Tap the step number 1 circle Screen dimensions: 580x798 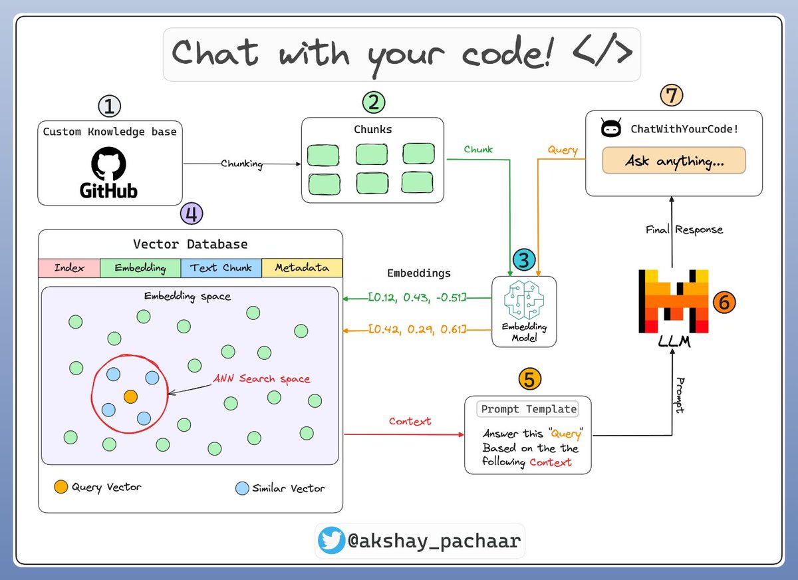pyautogui.click(x=109, y=106)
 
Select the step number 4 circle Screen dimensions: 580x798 pyautogui.click(x=192, y=214)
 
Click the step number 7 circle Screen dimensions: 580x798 pyautogui.click(x=672, y=94)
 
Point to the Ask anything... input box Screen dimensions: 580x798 pyautogui.click(x=674, y=161)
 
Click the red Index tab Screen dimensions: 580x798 pyautogui.click(x=69, y=268)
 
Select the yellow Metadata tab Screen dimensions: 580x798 pyautogui.click(x=302, y=268)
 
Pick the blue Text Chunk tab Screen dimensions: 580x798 pyautogui.click(x=221, y=268)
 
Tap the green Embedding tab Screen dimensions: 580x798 pyautogui.click(x=140, y=268)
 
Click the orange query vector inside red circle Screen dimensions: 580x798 pyautogui.click(x=131, y=396)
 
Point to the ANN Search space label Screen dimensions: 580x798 pyautogui.click(x=261, y=379)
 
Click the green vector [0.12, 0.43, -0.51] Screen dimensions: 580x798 pyautogui.click(x=418, y=298)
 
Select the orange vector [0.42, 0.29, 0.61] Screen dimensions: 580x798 pyautogui.click(x=418, y=329)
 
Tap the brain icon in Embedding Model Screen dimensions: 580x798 pyautogui.click(x=523, y=301)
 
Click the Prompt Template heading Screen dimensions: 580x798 pyautogui.click(x=528, y=409)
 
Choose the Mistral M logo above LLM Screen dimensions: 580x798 pyautogui.click(x=672, y=301)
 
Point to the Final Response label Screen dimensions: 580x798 pyautogui.click(x=684, y=229)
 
